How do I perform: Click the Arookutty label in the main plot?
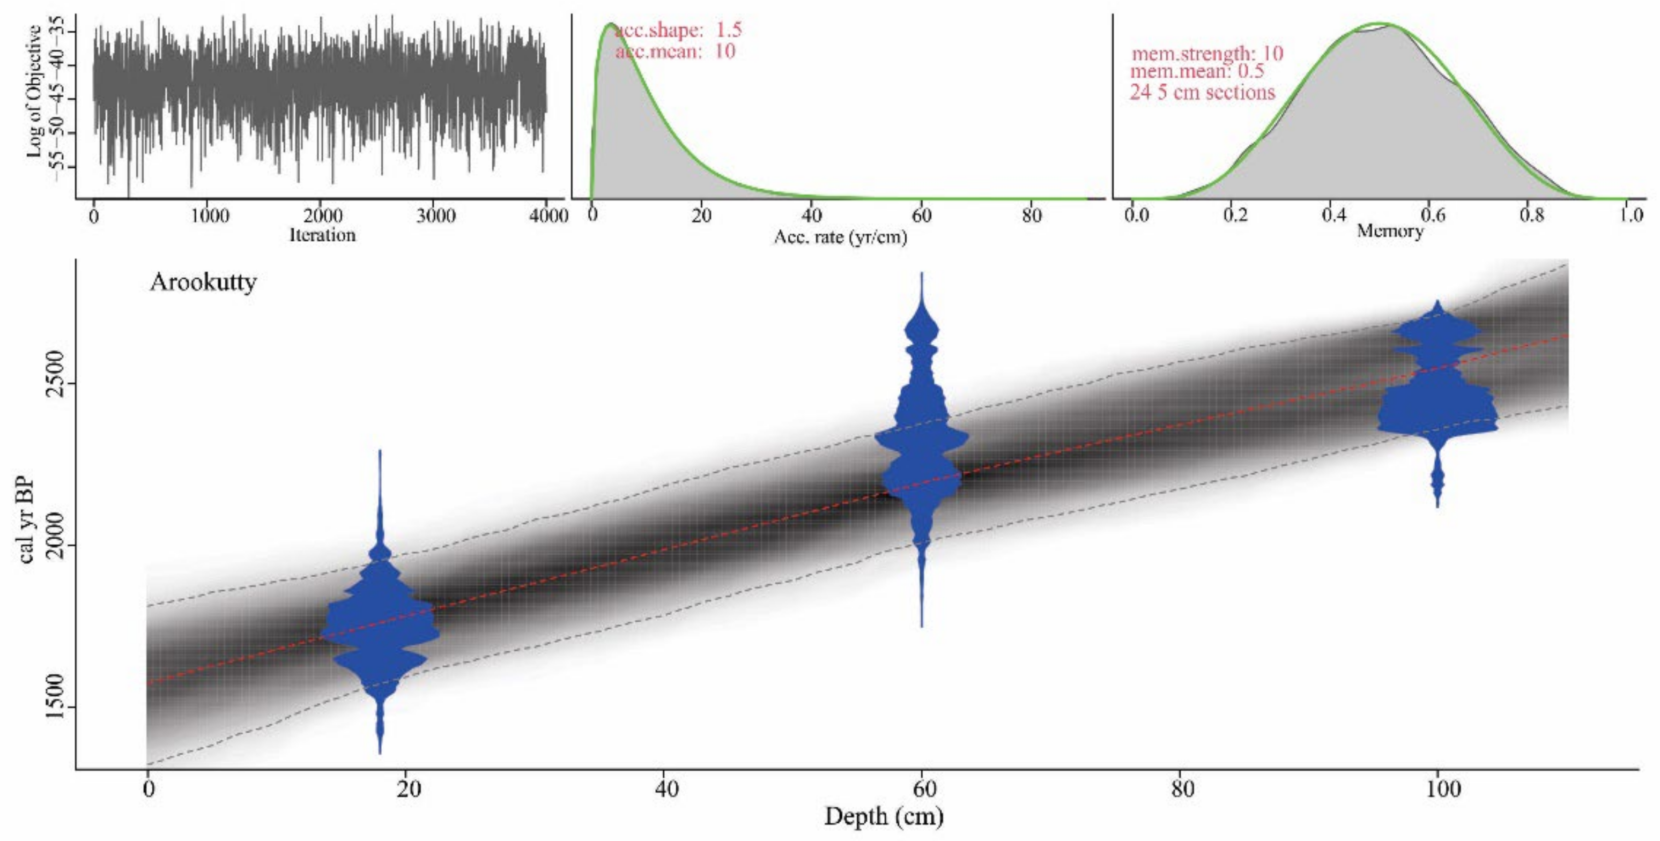coord(203,282)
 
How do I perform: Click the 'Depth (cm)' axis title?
coord(884,816)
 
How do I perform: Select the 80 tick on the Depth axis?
coord(1182,789)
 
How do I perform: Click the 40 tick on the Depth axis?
coord(666,789)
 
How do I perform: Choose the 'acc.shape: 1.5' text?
coord(678,29)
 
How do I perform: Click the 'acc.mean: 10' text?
coord(675,51)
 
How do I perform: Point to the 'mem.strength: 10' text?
coord(1207,54)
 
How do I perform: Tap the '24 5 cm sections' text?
coord(1202,92)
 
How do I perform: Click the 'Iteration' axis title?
coord(322,235)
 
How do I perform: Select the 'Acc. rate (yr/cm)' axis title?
coord(840,237)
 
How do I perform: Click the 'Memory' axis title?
coord(1389,230)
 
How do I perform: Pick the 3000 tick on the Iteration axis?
coord(435,215)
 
